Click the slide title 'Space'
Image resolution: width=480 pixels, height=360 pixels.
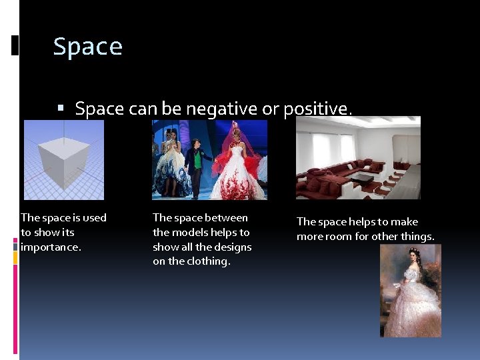pyautogui.click(x=87, y=47)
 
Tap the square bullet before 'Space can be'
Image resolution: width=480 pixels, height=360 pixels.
pyautogui.click(x=61, y=108)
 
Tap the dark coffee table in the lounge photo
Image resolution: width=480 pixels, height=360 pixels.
pyautogui.click(x=363, y=178)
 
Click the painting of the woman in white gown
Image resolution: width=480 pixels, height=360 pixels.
pyautogui.click(x=410, y=291)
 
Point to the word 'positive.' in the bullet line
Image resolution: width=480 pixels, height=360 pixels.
pyautogui.click(x=318, y=109)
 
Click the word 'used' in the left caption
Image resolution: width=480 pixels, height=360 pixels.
pyautogui.click(x=93, y=218)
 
